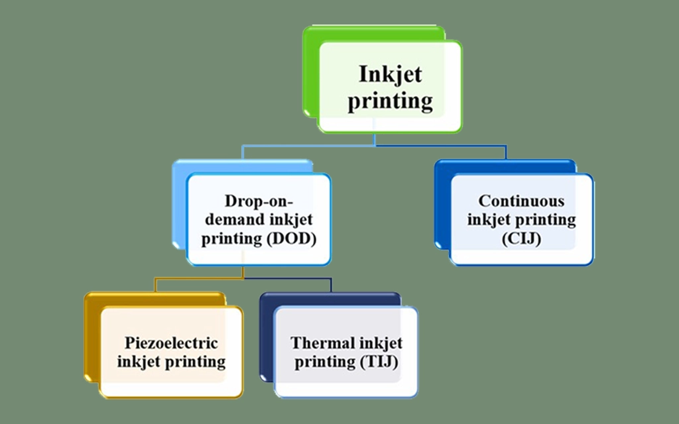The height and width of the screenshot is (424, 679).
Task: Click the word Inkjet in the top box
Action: [390, 74]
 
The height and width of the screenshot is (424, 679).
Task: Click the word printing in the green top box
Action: [390, 101]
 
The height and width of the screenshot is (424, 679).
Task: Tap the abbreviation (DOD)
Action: [290, 239]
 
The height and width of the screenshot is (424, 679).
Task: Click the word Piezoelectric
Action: [171, 343]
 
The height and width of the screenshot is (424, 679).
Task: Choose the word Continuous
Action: [521, 201]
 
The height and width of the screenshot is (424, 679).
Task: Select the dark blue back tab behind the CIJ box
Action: [442, 205]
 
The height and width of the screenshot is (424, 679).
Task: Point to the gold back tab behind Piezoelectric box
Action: [92, 338]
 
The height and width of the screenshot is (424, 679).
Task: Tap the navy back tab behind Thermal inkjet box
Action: [266, 338]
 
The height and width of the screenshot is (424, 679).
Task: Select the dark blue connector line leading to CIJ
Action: [451, 146]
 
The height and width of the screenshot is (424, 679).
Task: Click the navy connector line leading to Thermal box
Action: [292, 279]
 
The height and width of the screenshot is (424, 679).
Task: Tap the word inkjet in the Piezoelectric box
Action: [139, 362]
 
